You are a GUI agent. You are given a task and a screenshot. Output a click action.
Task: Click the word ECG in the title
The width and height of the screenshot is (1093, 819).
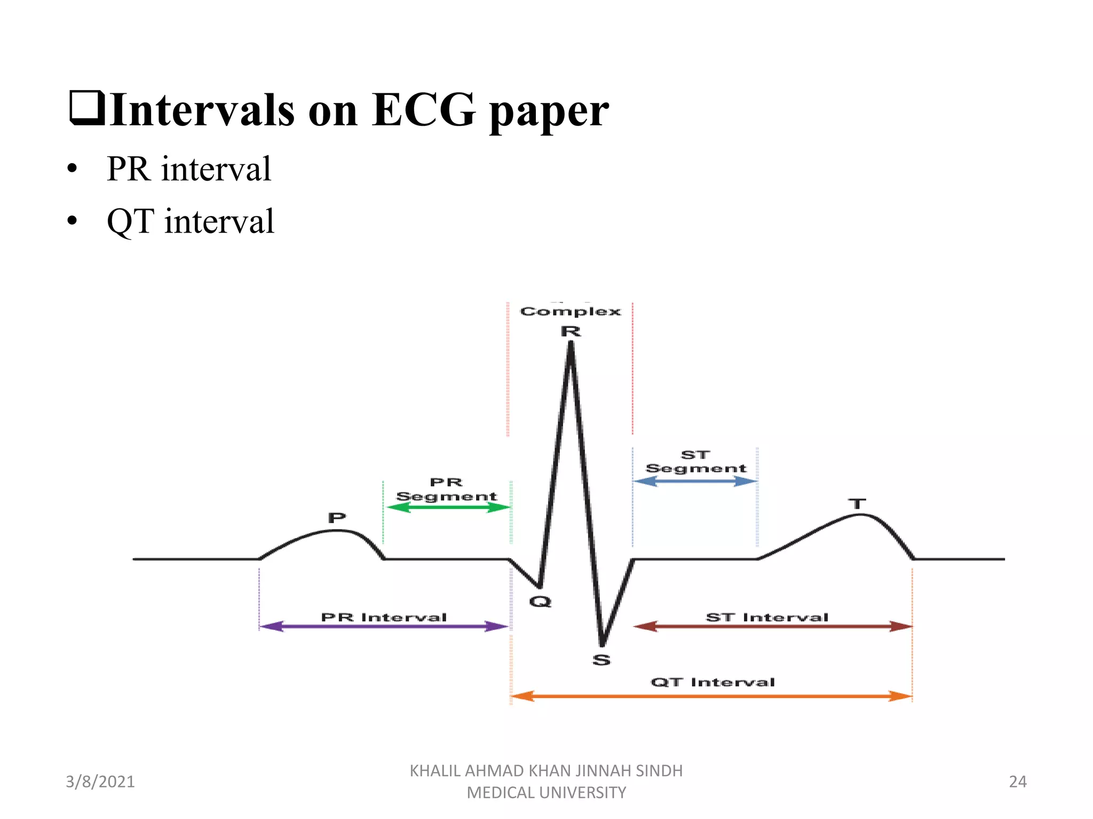click(x=423, y=110)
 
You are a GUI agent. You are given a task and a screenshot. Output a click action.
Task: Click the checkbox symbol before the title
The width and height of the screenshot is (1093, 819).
click(x=87, y=108)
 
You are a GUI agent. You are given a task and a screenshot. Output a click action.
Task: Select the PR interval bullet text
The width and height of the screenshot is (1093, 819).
click(x=189, y=169)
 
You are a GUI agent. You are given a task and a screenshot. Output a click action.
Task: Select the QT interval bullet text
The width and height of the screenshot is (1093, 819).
click(x=191, y=221)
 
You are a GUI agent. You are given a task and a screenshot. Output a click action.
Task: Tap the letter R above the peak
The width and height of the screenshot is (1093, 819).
click(x=571, y=332)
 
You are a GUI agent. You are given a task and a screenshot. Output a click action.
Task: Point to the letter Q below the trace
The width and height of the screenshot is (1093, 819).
click(x=540, y=602)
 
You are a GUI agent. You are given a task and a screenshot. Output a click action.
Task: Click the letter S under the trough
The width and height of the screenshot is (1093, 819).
click(x=601, y=660)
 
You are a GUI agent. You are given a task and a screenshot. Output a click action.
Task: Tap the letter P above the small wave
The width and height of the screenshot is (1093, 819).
click(x=337, y=518)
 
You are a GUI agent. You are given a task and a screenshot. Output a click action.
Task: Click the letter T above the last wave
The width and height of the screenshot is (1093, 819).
click(x=857, y=504)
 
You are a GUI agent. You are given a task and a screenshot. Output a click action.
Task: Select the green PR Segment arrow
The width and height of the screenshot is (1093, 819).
click(x=448, y=508)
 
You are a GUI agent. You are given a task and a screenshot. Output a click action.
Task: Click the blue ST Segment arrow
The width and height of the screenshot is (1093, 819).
click(x=695, y=481)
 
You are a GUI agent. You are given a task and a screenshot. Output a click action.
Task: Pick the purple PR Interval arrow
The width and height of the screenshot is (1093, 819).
click(x=384, y=627)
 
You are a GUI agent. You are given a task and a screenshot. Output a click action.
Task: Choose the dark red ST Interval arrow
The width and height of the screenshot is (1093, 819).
click(x=772, y=627)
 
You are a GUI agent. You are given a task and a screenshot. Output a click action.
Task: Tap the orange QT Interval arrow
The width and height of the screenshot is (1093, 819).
click(x=711, y=696)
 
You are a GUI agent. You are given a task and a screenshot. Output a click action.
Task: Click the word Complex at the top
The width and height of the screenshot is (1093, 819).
click(x=571, y=311)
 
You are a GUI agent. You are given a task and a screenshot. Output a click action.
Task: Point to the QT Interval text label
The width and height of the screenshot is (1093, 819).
click(x=712, y=682)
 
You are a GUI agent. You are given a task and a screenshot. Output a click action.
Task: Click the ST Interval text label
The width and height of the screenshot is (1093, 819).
click(x=767, y=617)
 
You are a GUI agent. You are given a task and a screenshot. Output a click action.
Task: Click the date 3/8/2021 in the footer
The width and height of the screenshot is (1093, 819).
click(x=100, y=782)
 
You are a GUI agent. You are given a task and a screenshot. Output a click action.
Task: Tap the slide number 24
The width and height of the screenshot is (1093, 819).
click(x=1018, y=782)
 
